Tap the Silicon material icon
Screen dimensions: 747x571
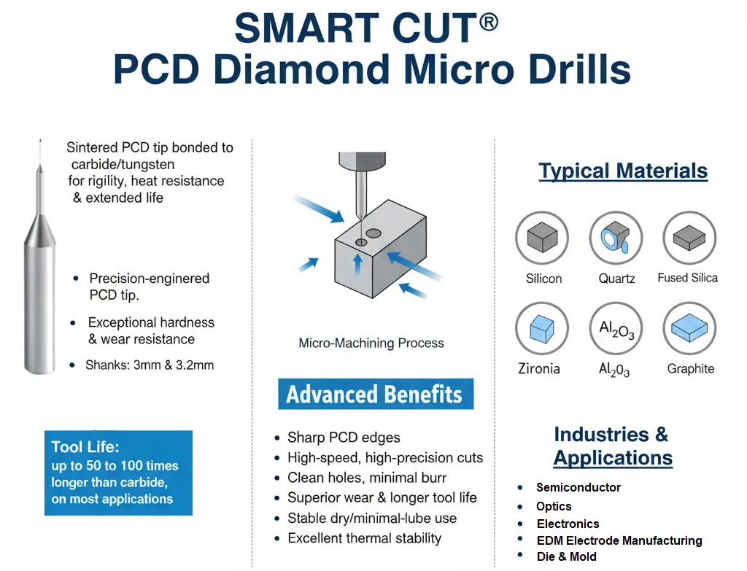[542, 238]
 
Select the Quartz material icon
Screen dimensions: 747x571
[616, 238]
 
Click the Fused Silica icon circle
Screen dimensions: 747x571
[689, 238]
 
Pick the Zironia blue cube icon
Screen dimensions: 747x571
[542, 328]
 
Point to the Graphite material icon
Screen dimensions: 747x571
[689, 328]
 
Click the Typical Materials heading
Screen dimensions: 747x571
[623, 171]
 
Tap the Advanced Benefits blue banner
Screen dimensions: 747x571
[376, 394]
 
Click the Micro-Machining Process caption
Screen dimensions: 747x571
[371, 343]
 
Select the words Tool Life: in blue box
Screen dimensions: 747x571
[85, 447]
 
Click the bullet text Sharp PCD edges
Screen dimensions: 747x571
[344, 437]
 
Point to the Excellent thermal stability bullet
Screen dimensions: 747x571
[365, 538]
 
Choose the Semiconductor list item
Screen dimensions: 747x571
[578, 487]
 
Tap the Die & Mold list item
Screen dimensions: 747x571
[566, 556]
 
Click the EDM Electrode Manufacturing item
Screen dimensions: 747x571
[619, 540]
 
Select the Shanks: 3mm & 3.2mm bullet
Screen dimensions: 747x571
[150, 365]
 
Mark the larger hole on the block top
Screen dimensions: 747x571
[373, 233]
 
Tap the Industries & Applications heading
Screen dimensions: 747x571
[612, 446]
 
